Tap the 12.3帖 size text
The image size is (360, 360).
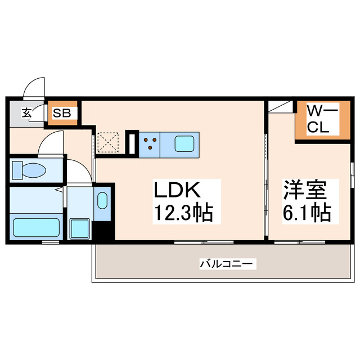(182, 213)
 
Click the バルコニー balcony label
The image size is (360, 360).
(227, 263)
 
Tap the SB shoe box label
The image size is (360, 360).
(62, 112)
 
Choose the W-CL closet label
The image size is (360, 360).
(322, 119)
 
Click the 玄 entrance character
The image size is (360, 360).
(26, 112)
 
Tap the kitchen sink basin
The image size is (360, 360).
(185, 143)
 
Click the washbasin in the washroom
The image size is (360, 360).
(102, 201)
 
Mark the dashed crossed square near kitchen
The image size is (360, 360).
(107, 142)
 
